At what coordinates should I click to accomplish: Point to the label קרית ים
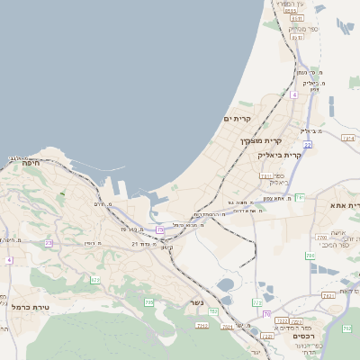(x=238, y=119)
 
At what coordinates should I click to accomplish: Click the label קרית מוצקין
(x=261, y=140)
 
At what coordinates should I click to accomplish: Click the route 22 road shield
(x=307, y=144)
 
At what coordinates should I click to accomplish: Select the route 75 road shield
(x=160, y=229)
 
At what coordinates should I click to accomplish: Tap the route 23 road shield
(x=49, y=243)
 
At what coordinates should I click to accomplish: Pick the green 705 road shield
(x=150, y=301)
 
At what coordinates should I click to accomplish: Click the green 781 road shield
(x=300, y=196)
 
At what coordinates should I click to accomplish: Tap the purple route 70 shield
(x=265, y=314)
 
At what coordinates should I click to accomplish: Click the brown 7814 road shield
(x=347, y=139)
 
